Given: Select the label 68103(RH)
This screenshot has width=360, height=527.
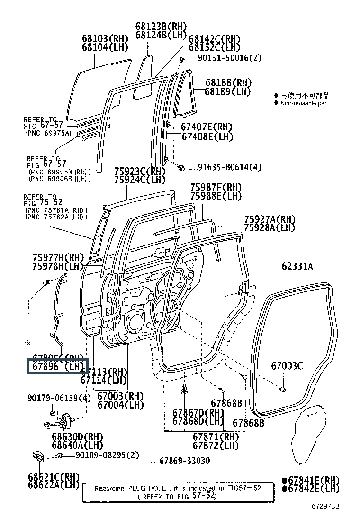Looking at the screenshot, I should [x=104, y=39].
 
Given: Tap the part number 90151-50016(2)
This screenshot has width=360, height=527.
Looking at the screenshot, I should [x=229, y=58].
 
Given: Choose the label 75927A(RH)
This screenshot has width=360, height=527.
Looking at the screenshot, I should [x=270, y=219].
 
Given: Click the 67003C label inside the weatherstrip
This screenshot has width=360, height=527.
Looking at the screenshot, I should [x=287, y=366].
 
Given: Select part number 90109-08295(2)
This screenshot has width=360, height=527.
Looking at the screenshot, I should [x=100, y=455].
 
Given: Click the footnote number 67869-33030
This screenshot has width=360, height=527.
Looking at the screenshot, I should [x=184, y=461].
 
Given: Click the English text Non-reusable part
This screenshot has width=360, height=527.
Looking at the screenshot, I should [x=304, y=103].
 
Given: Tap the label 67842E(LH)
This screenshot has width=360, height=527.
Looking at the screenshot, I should [x=311, y=488].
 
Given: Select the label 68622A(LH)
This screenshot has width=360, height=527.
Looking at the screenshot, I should [x=54, y=484].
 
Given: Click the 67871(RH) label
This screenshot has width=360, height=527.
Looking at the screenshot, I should [x=216, y=437].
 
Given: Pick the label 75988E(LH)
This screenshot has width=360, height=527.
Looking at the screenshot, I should [x=216, y=196].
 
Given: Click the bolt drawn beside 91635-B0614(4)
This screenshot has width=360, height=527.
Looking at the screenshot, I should [x=180, y=167].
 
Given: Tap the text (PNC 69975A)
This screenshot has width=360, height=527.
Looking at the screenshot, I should [x=48, y=133].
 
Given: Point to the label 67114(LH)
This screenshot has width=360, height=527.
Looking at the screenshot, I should [x=104, y=380].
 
